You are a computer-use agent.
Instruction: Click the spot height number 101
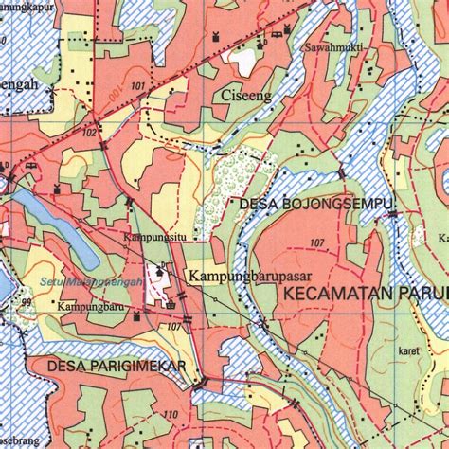(x=140, y=87)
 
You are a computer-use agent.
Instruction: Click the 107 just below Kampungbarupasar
(x=173, y=327)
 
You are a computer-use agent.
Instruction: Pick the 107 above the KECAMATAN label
(x=316, y=243)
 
